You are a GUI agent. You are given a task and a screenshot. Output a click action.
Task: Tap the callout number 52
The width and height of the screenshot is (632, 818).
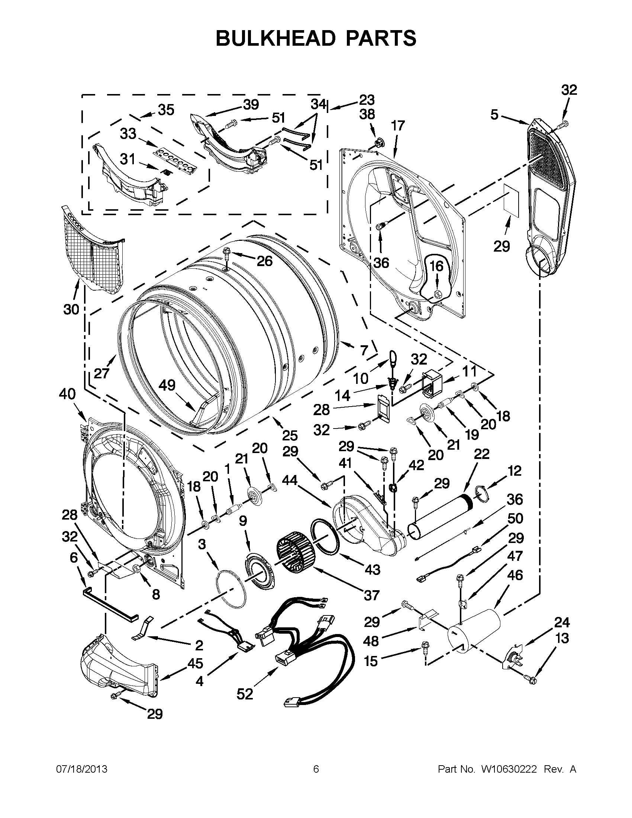point(245,694)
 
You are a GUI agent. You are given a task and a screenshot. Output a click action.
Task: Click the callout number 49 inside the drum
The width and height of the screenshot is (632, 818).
point(167,385)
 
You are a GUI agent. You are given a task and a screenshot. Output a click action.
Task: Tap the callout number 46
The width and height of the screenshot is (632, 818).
point(515,575)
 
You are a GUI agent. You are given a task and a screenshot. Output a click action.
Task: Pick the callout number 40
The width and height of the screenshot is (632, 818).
point(67,394)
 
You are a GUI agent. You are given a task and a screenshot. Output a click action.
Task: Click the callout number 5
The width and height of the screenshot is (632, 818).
point(495,114)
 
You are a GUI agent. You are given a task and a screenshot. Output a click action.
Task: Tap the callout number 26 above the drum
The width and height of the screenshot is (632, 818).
point(264,261)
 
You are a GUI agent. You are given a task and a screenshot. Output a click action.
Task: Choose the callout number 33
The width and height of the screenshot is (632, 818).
point(128,134)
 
